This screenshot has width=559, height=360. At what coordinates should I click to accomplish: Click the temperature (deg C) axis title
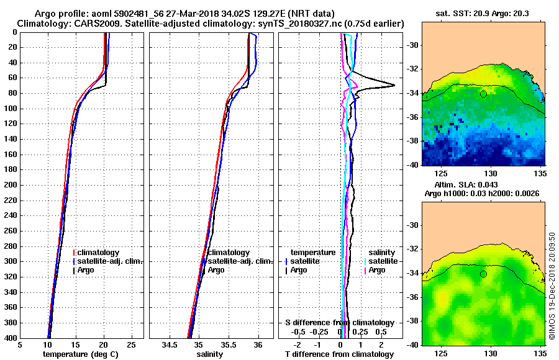click(x=80, y=354)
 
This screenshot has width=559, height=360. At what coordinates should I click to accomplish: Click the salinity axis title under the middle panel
click(x=209, y=354)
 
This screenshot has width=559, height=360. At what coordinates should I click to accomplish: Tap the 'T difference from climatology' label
click(x=339, y=354)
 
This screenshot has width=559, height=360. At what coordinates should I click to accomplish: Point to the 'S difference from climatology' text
click(x=339, y=323)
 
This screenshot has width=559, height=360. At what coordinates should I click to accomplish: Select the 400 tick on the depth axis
click(x=11, y=338)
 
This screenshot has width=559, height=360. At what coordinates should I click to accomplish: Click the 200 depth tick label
click(x=11, y=185)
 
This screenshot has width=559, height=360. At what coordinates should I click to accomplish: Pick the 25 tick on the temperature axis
click(x=132, y=344)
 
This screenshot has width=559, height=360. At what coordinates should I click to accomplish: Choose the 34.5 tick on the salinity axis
click(x=170, y=344)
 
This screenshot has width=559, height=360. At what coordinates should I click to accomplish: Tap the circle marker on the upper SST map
click(x=483, y=94)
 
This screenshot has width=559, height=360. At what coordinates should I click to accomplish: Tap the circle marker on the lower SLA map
click(x=483, y=274)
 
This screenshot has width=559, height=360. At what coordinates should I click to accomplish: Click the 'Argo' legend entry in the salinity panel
click(x=216, y=270)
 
